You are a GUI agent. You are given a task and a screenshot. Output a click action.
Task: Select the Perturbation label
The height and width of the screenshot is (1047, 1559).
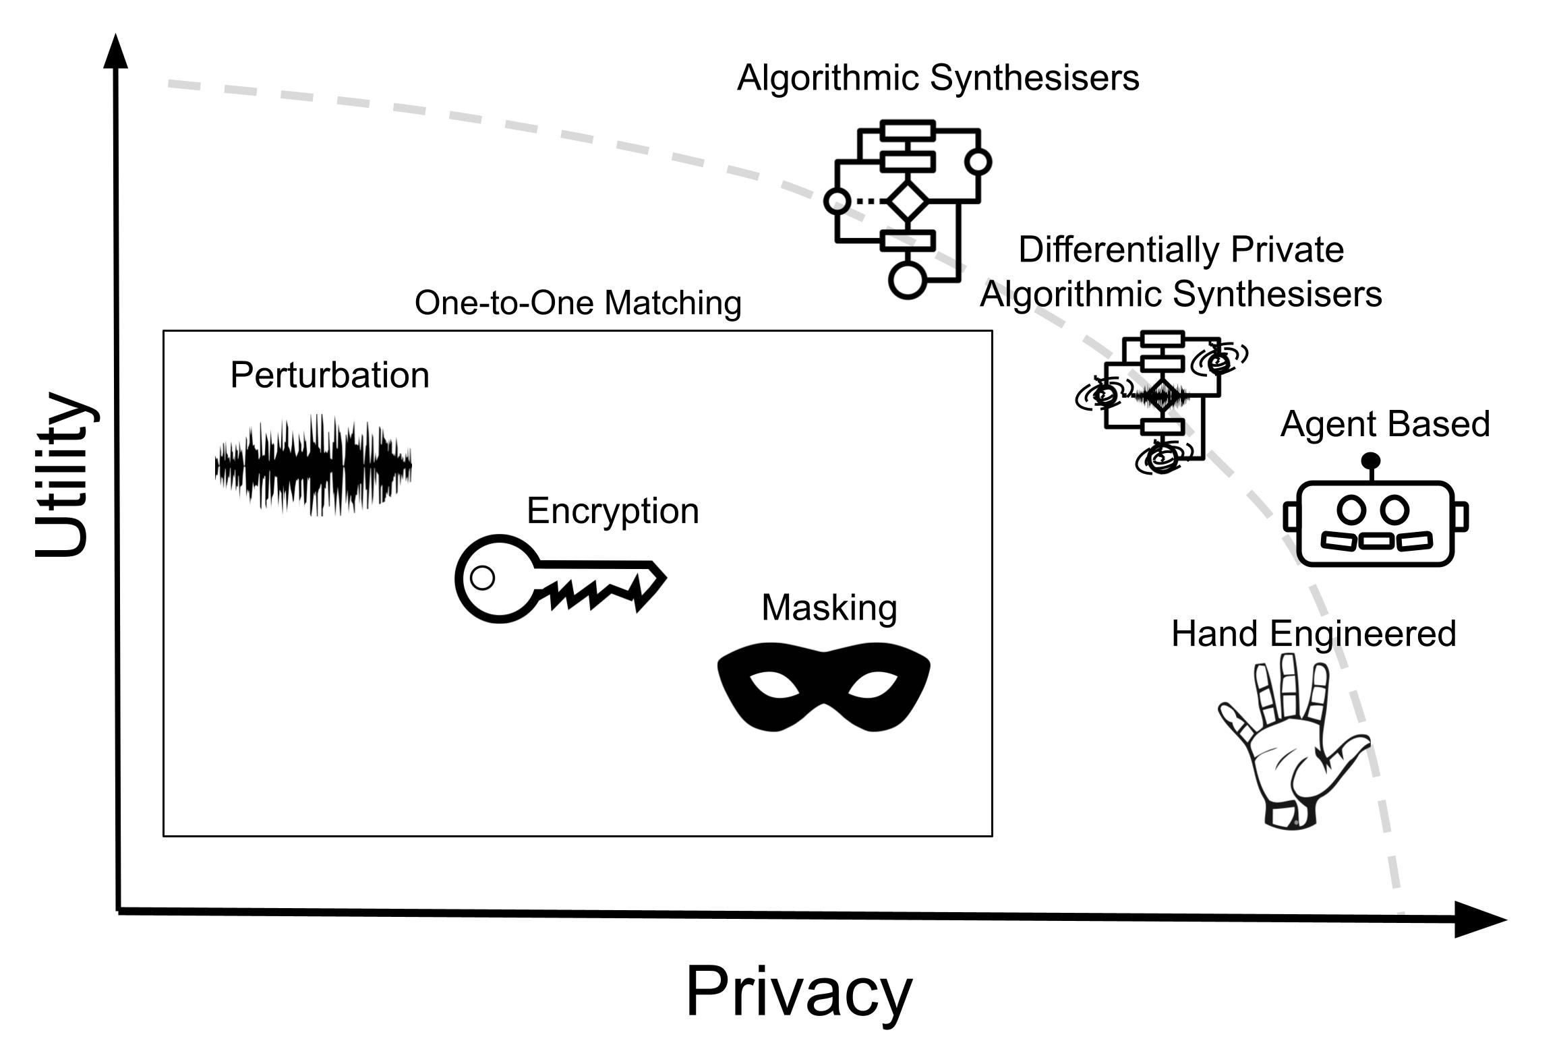click(330, 376)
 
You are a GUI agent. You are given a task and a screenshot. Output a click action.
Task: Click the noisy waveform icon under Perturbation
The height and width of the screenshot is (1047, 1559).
click(313, 465)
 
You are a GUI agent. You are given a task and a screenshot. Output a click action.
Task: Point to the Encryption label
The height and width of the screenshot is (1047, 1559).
click(612, 511)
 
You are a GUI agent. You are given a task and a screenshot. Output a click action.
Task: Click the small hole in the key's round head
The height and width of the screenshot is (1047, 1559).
click(482, 578)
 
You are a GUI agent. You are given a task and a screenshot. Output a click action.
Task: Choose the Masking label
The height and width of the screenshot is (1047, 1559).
click(829, 608)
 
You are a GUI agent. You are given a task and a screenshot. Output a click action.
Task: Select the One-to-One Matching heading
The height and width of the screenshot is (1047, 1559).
click(578, 303)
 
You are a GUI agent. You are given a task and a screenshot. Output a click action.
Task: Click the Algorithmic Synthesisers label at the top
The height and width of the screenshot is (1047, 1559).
click(938, 78)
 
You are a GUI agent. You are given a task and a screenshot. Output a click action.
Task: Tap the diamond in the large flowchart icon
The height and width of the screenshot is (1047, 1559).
click(906, 200)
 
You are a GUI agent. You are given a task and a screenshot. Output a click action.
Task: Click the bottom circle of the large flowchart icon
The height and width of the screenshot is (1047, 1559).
click(907, 279)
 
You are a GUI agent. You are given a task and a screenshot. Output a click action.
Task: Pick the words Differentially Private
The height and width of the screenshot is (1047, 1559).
click(1181, 250)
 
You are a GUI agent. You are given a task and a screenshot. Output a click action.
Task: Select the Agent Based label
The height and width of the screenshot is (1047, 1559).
click(1384, 425)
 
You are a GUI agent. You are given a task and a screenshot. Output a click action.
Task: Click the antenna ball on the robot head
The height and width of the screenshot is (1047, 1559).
click(1371, 461)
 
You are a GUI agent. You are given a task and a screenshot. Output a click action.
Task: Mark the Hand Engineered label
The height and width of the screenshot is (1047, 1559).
click(1314, 634)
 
